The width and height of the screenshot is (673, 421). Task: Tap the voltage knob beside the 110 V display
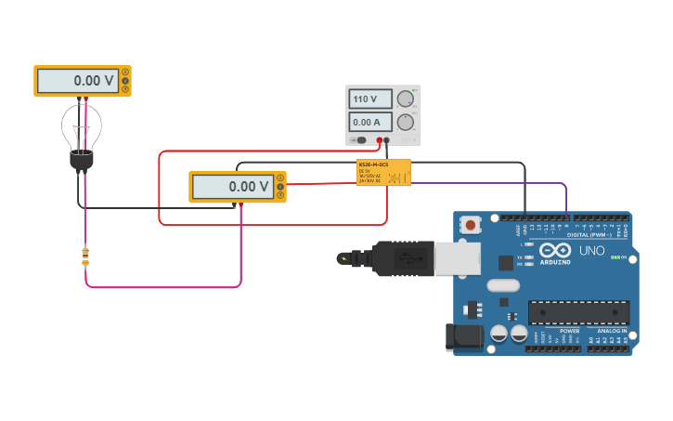[406, 99]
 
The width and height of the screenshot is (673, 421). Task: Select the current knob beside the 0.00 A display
[406, 122]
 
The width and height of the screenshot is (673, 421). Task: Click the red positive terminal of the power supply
[380, 140]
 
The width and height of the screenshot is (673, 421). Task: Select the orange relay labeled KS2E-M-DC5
[383, 173]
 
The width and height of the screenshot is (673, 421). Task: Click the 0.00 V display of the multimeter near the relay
[233, 187]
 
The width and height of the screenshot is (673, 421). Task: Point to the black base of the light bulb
[82, 161]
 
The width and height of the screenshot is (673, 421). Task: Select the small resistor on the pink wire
[85, 257]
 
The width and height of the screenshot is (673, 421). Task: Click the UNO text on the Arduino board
[592, 251]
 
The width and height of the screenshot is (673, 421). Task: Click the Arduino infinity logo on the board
[555, 251]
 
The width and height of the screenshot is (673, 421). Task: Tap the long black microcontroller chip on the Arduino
[578, 313]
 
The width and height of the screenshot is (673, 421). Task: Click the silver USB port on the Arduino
[458, 258]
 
